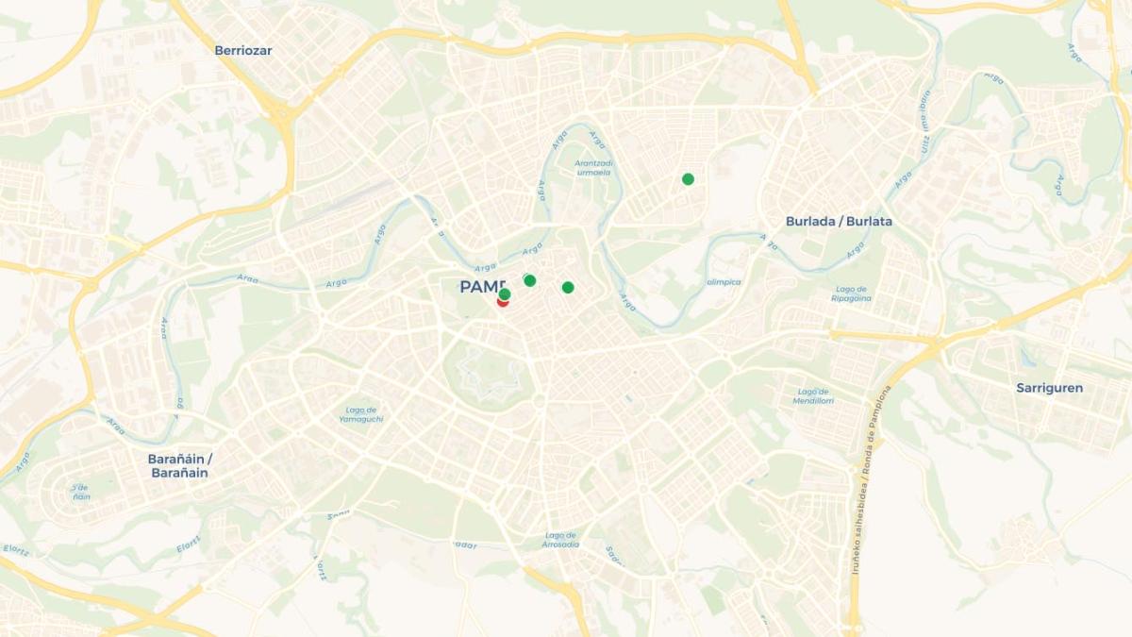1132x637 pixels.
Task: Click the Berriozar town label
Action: (242, 51)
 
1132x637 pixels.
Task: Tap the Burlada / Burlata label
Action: (839, 222)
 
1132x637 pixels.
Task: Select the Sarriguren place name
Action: (1049, 388)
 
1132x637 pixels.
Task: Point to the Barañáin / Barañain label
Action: (179, 466)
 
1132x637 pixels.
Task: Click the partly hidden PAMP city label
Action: (481, 287)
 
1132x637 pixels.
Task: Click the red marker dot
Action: (503, 301)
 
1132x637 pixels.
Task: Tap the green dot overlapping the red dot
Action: (505, 294)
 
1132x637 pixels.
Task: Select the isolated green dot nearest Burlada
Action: (688, 179)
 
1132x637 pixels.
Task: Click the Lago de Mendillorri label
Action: (812, 396)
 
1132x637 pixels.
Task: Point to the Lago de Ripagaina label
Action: (851, 293)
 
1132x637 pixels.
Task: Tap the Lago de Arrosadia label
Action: (560, 540)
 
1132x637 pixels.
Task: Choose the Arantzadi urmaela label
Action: (593, 168)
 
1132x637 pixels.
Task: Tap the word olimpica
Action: (724, 282)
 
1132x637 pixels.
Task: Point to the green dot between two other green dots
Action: (530, 280)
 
